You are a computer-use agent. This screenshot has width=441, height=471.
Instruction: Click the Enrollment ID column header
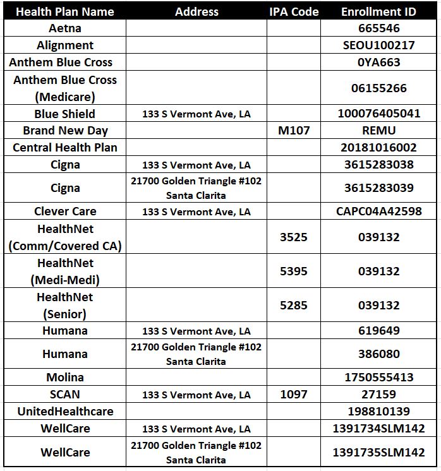pos(379,12)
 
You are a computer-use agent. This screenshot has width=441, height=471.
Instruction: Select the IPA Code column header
pos(294,12)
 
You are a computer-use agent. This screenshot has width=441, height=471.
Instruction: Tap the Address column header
pos(196,12)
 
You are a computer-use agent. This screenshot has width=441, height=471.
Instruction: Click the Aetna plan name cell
pos(65,28)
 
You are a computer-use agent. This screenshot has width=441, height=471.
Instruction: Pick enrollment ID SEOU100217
pos(379,45)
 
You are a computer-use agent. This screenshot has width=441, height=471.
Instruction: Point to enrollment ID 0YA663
pos(379,63)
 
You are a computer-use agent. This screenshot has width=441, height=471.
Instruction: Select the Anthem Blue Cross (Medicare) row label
pos(65,88)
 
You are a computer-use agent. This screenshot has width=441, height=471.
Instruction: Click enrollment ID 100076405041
pos(379,114)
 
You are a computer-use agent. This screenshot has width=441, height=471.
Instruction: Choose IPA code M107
pos(294,131)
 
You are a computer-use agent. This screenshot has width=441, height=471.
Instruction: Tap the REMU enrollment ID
pos(379,131)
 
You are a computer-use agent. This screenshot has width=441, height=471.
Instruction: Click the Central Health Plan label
pos(65,148)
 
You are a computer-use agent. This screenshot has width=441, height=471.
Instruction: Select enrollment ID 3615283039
pos(379,188)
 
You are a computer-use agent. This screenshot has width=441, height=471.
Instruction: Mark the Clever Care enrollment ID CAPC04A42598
pos(379,212)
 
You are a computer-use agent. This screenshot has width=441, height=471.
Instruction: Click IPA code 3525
pos(294,237)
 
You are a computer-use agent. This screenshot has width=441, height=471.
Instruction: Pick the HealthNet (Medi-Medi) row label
pos(65,271)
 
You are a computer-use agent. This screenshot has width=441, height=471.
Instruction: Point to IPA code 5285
pos(294,306)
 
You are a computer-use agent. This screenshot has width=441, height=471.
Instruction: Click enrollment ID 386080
pos(379,354)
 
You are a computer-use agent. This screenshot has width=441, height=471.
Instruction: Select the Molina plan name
pos(65,378)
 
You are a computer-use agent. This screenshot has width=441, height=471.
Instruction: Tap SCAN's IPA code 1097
pos(294,395)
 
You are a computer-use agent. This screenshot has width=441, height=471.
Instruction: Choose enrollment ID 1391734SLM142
pos(379,429)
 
